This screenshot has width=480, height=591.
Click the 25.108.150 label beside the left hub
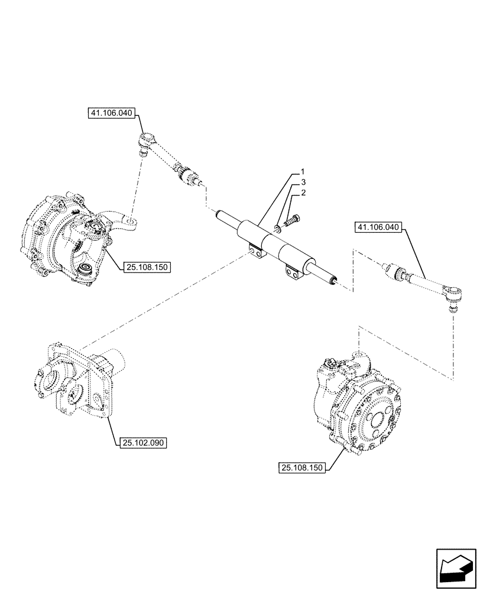pos(147,267)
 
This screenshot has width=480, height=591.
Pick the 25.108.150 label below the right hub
pos(302,468)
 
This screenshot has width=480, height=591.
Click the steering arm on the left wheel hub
pos(128,222)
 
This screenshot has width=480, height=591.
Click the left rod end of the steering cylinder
pos(223,217)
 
